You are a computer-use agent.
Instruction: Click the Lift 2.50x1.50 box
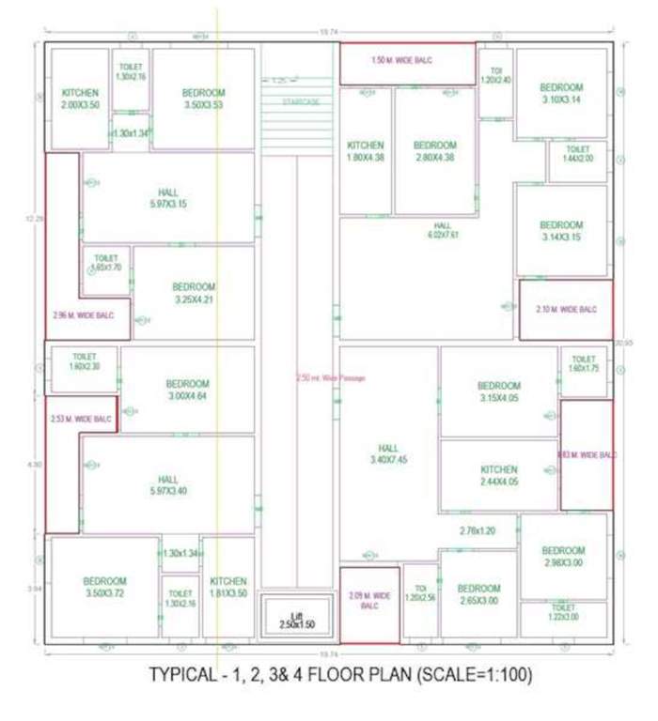coord(295,621)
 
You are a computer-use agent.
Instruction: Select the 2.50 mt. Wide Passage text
coord(330,378)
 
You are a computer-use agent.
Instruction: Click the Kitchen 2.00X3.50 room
coord(80,99)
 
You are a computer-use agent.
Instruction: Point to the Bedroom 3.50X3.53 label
coord(203,99)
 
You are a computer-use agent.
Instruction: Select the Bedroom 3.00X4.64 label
coord(187,391)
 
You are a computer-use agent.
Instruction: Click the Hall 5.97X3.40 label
coord(168,484)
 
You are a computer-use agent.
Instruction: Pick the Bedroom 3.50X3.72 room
coord(104,588)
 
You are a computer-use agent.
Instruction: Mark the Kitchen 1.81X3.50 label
coord(228,588)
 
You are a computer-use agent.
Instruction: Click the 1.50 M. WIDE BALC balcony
coord(407,63)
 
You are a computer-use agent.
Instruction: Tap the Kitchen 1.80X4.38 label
coord(365,151)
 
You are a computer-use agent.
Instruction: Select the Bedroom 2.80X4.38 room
coord(434,151)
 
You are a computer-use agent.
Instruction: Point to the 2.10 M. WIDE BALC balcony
coord(566,309)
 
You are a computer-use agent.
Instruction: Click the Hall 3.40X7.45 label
coord(388,454)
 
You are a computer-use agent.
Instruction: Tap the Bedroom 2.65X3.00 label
coord(478,594)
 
